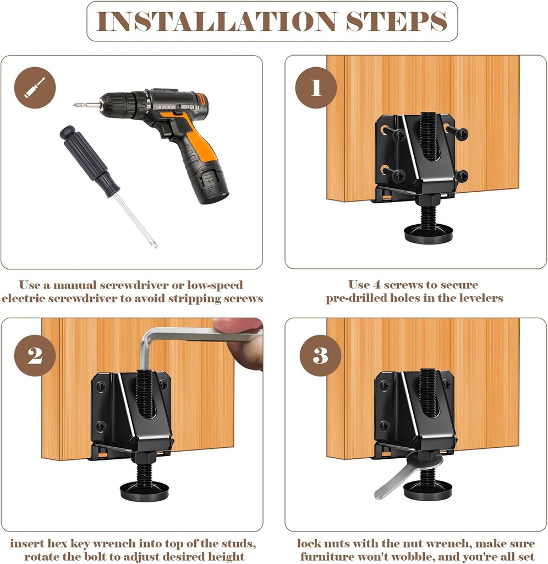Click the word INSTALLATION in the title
[216, 21]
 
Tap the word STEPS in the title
[396, 21]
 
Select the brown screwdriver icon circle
[35, 88]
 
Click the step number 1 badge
[316, 88]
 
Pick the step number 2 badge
[35, 355]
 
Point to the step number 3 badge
[320, 355]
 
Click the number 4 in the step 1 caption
[376, 285]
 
